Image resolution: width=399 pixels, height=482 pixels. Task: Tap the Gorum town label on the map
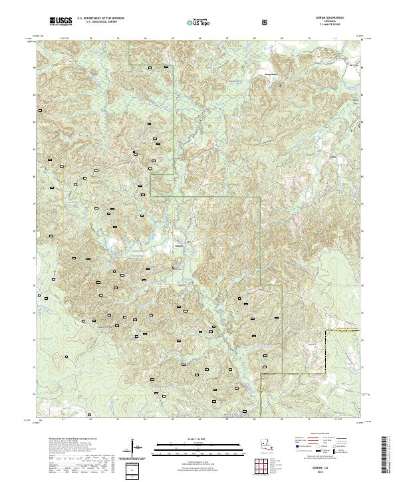pyautogui.click(x=178, y=244)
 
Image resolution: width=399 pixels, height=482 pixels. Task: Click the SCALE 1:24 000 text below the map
pyautogui.click(x=197, y=439)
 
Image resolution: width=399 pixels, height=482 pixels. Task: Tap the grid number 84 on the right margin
pyautogui.click(x=362, y=67)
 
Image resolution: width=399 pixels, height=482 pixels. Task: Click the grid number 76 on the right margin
pyautogui.click(x=362, y=285)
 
